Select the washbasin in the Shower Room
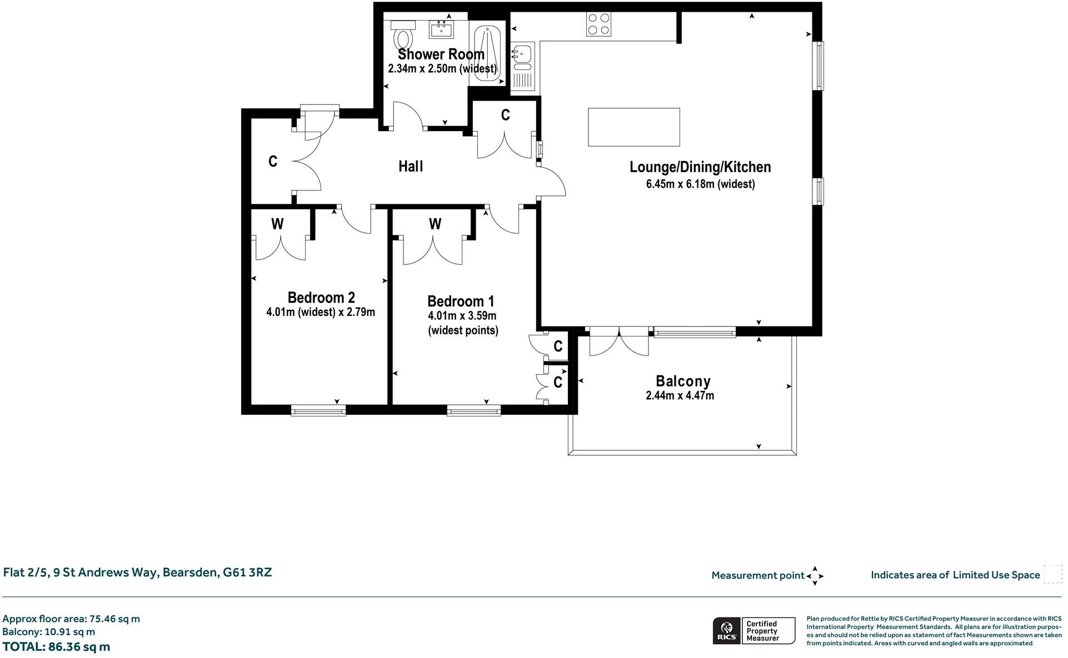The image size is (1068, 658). (442, 28)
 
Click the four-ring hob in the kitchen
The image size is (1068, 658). (599, 25)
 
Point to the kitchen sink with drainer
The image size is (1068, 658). (523, 67)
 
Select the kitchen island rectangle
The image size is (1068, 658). (634, 127)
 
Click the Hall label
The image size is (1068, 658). (411, 166)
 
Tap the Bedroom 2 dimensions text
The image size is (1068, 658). (321, 312)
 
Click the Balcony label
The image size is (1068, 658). (683, 381)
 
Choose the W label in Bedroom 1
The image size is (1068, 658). (435, 224)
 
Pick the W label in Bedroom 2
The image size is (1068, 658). (277, 224)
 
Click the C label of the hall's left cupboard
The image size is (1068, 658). (273, 162)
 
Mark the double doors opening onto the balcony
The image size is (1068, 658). (618, 341)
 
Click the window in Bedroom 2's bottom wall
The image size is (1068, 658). (318, 411)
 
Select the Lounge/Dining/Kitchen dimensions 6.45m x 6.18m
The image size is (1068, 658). (700, 184)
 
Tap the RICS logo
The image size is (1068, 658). (726, 631)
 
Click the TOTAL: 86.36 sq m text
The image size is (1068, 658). (56, 647)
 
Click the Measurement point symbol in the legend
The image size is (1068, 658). (815, 576)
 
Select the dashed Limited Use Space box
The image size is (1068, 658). (1052, 574)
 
